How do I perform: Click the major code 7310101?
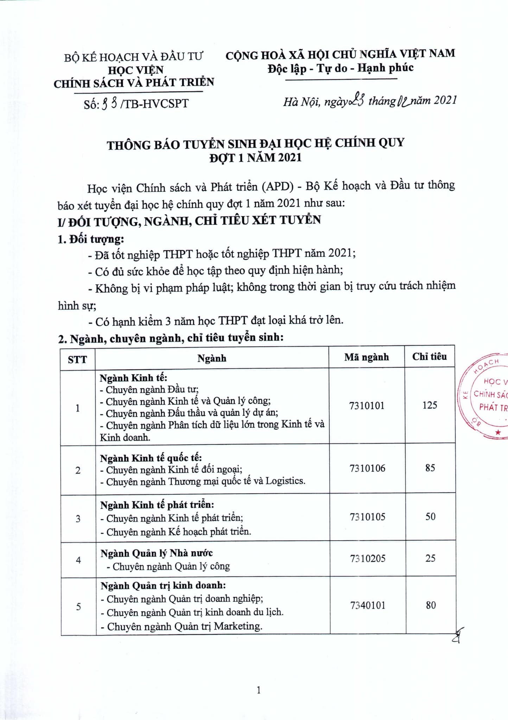click(x=367, y=406)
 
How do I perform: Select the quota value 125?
click(x=430, y=405)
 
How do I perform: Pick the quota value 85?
click(x=430, y=468)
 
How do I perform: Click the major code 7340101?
click(x=368, y=605)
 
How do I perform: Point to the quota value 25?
click(x=430, y=558)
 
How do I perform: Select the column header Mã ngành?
click(x=367, y=357)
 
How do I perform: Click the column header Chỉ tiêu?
click(x=430, y=356)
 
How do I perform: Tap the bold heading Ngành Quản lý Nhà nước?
click(x=157, y=553)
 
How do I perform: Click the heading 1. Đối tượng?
click(x=91, y=239)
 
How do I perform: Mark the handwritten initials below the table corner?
click(x=458, y=636)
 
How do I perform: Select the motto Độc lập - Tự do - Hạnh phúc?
click(x=340, y=68)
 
